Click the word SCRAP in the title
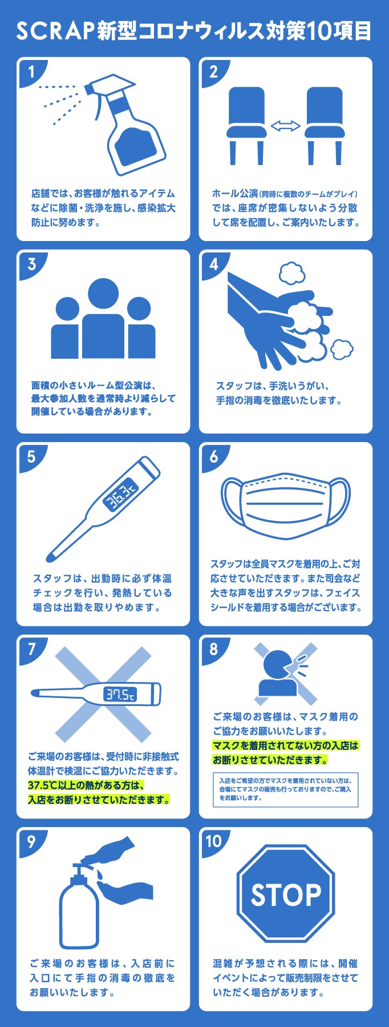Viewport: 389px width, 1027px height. pos(54,31)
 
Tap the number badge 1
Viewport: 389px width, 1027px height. pos(31,71)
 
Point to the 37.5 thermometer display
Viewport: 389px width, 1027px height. pos(120,694)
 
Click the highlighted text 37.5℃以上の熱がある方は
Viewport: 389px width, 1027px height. pos(86,785)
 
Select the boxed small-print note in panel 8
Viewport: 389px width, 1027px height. pos(286,790)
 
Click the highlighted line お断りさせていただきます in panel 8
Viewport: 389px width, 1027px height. pos(270,760)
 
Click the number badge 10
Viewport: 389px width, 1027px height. pos(214,841)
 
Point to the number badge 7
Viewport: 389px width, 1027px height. pos(31,649)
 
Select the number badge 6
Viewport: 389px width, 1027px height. pos(214,456)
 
